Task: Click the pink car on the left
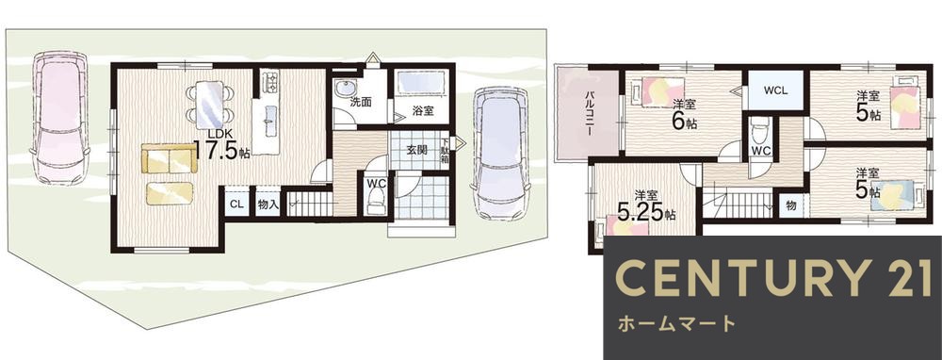[58, 117]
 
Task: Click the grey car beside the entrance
[499, 153]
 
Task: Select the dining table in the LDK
[209, 101]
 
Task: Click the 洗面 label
[361, 102]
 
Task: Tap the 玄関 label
[418, 150]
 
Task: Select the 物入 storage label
[268, 204]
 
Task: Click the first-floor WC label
[376, 183]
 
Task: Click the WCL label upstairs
[776, 91]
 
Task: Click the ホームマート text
[675, 324]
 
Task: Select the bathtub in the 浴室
[421, 84]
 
